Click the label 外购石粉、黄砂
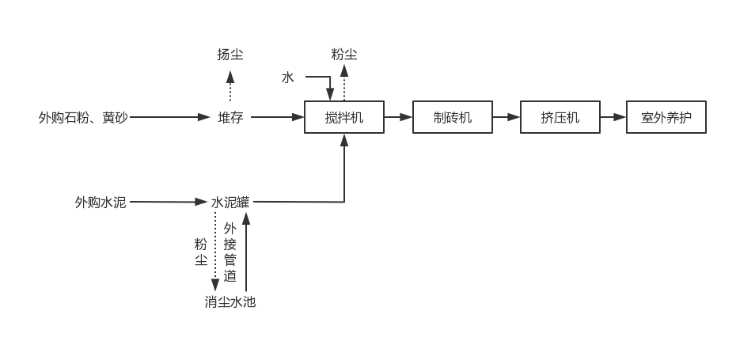(83, 117)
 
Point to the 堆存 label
(230, 117)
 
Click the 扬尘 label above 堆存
(230, 55)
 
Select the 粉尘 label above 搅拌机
(344, 55)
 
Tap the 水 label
(287, 78)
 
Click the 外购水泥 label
(101, 202)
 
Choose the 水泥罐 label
(230, 202)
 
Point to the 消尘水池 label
(230, 301)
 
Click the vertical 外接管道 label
(230, 252)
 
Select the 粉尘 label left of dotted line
(201, 252)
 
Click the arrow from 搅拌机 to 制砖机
(398, 117)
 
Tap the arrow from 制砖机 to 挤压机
(506, 117)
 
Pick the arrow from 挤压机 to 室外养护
(613, 117)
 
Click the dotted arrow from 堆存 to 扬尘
(230, 85)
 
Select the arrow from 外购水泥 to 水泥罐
(169, 202)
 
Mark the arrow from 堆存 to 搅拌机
(277, 117)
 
